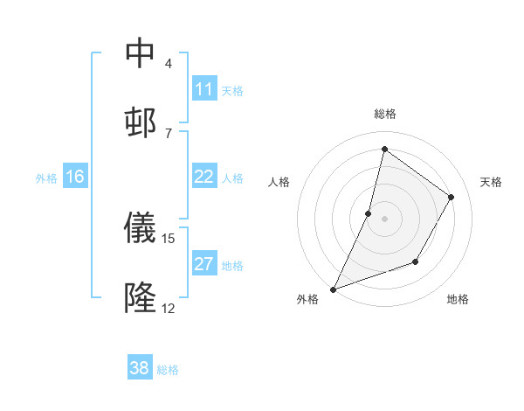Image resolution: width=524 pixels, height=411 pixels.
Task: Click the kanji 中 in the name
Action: point(140,53)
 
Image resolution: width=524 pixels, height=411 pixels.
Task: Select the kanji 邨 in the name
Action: point(140,122)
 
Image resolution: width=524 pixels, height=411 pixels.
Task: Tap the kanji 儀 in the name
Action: point(140,228)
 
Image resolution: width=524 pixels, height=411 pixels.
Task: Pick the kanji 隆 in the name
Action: point(140,297)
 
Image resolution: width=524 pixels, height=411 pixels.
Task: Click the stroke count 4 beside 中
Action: point(168,64)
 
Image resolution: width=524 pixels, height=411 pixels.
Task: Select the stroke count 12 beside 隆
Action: point(168,308)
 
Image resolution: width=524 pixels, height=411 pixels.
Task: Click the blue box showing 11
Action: point(204,89)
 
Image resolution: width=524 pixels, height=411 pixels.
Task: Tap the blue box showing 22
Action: point(204,177)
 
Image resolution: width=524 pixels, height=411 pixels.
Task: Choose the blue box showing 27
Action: point(204,264)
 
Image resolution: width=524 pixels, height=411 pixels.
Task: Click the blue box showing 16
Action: point(75,177)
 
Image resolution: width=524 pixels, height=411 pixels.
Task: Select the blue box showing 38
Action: point(140,368)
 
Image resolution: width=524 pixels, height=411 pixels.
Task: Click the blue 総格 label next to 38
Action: point(168,370)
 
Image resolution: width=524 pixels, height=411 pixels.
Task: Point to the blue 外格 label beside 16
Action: point(46,178)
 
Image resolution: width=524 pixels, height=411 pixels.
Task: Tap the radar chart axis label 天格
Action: point(491,182)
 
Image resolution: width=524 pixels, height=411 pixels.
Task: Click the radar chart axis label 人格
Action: point(279,182)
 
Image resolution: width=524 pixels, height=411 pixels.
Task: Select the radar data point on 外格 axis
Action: point(333,289)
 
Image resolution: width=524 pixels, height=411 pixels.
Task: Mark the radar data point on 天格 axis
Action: point(452,197)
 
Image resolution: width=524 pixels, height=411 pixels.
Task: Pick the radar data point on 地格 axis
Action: point(416,261)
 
